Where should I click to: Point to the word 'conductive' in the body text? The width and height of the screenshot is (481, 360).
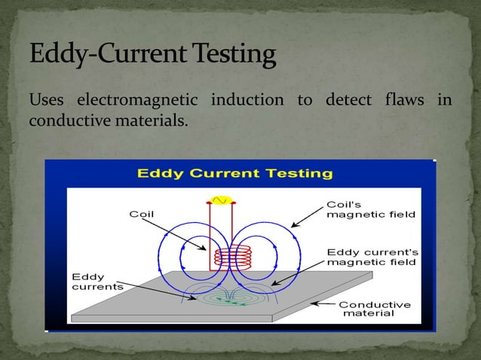pos(63,121)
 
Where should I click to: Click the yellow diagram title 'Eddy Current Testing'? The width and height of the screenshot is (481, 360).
pos(234,174)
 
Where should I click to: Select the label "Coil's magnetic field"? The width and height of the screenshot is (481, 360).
pos(370,209)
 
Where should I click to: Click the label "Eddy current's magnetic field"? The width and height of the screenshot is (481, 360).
pos(373,257)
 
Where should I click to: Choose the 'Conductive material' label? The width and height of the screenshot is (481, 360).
pos(375,309)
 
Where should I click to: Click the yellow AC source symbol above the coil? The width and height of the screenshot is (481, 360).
pos(222,200)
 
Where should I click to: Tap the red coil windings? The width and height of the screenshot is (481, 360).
pos(222,257)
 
